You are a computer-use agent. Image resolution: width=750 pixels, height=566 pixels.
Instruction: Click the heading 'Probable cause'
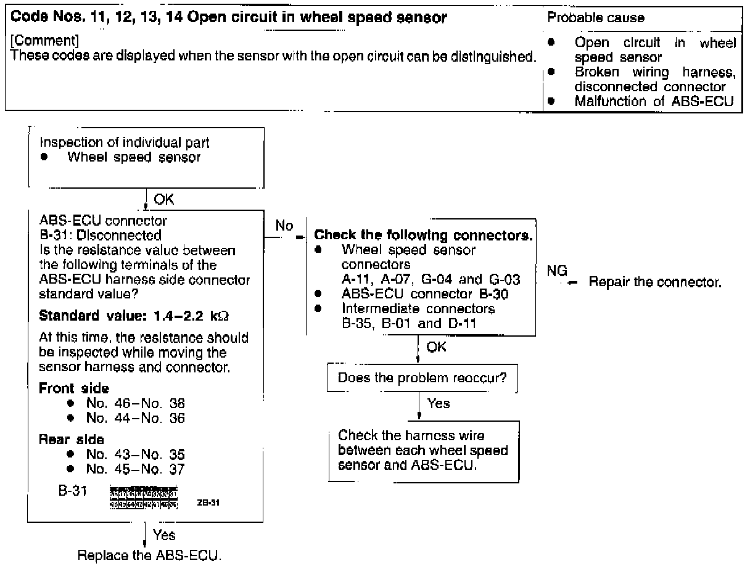(596, 18)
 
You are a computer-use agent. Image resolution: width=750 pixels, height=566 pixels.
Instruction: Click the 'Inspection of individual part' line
(124, 142)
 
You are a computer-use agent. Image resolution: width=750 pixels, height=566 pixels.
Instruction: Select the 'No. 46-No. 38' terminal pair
(136, 403)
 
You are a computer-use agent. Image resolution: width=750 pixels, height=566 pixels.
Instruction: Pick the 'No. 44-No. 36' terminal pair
(136, 417)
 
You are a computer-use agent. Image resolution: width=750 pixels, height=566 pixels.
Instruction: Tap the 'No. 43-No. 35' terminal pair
(136, 454)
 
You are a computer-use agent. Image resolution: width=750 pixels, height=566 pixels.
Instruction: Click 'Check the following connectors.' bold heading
(424, 236)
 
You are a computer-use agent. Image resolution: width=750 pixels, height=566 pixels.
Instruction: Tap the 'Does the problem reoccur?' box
(422, 378)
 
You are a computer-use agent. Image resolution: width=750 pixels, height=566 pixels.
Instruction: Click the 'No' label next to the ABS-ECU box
(284, 226)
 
